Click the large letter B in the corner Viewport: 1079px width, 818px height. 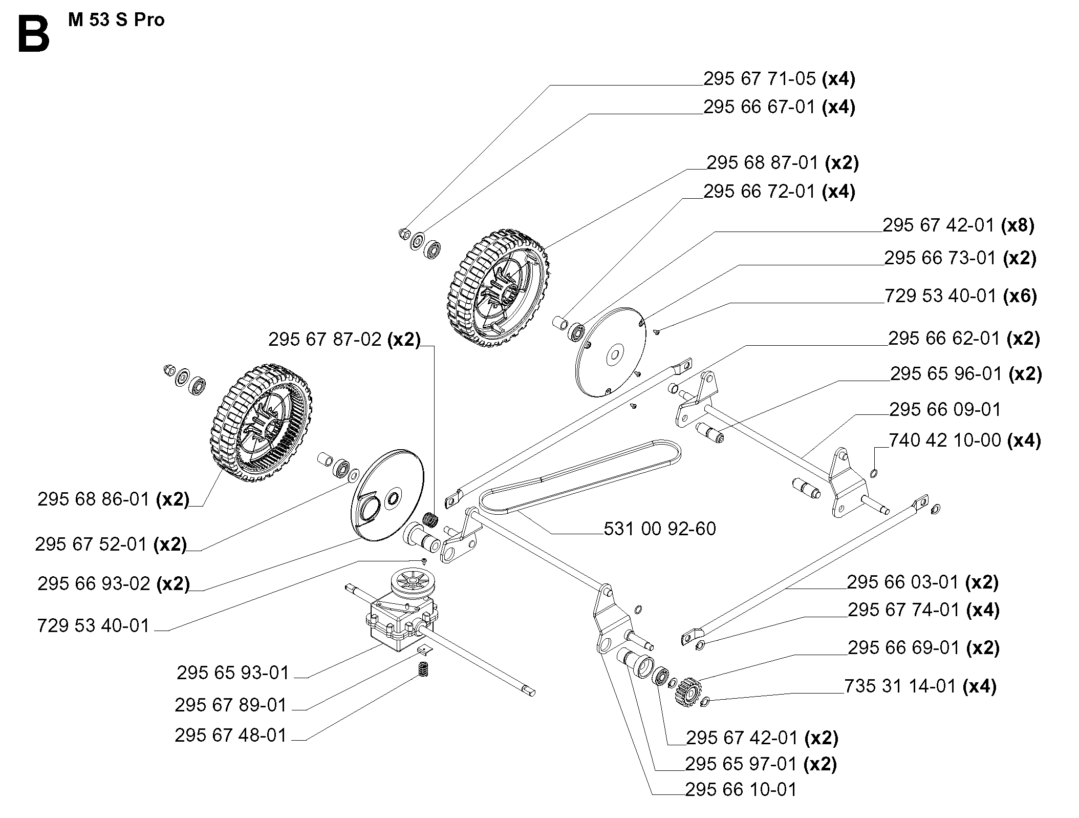34,34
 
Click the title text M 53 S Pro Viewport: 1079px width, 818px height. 116,20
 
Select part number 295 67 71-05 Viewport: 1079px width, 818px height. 759,79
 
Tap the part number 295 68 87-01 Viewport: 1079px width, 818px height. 763,163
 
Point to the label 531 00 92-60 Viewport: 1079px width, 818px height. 659,529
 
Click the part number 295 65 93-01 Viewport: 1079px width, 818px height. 233,673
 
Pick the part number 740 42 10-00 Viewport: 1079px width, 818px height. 945,441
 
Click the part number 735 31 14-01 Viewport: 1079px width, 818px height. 900,686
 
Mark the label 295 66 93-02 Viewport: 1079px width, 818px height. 94,583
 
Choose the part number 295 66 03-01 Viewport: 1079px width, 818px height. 903,582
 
